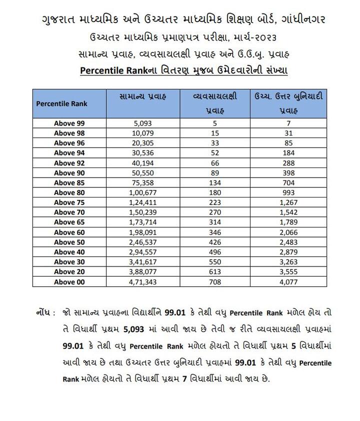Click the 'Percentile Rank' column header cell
click(62, 103)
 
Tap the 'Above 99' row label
click(69, 123)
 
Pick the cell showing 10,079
click(143, 133)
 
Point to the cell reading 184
click(288, 153)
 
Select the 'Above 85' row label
click(69, 182)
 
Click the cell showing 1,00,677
click(143, 192)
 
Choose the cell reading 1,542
click(288, 212)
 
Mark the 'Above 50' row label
click(69, 242)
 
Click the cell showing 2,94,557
click(143, 252)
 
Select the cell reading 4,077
click(288, 282)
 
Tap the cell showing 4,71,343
click(143, 282)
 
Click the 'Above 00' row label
click(69, 282)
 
